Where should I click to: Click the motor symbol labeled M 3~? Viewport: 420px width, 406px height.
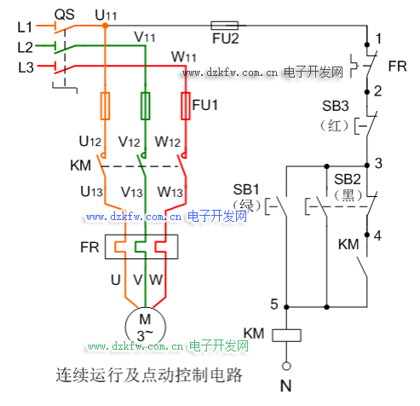tap(145, 327)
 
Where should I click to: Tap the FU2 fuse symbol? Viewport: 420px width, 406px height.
tap(224, 26)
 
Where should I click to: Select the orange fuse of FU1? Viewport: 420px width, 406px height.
tap(105, 106)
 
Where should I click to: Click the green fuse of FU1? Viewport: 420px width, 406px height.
tap(146, 106)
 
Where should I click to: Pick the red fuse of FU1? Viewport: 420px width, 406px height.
tap(186, 106)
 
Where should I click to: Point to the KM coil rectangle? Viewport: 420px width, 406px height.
tap(286, 335)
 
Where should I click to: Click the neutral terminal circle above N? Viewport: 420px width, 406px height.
tap(286, 366)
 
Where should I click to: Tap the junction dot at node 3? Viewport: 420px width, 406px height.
tap(367, 165)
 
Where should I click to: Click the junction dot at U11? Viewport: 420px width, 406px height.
tap(105, 26)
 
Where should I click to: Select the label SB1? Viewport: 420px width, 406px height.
tap(246, 189)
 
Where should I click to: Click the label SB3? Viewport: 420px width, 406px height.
tap(336, 106)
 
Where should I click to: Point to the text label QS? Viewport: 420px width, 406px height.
tap(65, 14)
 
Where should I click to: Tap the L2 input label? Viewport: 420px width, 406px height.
tap(26, 47)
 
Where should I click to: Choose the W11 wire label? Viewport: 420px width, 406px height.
tap(184, 57)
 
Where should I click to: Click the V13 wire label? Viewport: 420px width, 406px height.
tap(132, 192)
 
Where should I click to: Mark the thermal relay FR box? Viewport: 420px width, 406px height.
tap(141, 246)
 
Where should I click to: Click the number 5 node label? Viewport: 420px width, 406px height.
tap(274, 304)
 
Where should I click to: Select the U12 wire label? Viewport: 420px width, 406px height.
tap(90, 141)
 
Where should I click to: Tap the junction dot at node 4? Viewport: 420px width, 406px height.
tap(367, 235)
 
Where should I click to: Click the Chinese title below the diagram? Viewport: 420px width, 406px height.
tap(149, 375)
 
